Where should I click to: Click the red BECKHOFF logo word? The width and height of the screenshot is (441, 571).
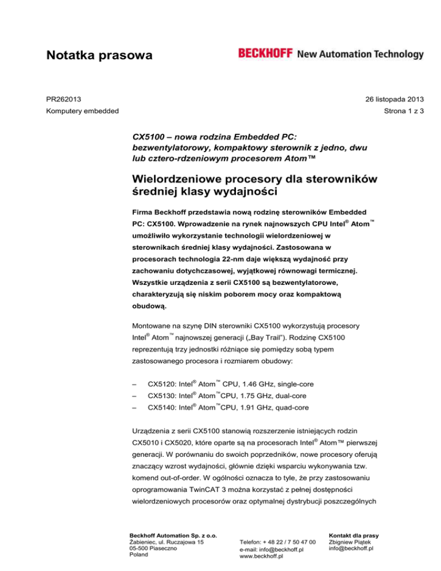click(x=265, y=54)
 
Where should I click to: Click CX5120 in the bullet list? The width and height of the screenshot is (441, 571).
click(x=163, y=383)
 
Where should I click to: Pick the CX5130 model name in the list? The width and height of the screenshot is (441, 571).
click(x=163, y=395)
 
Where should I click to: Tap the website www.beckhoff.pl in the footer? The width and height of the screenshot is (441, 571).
click(x=264, y=556)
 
